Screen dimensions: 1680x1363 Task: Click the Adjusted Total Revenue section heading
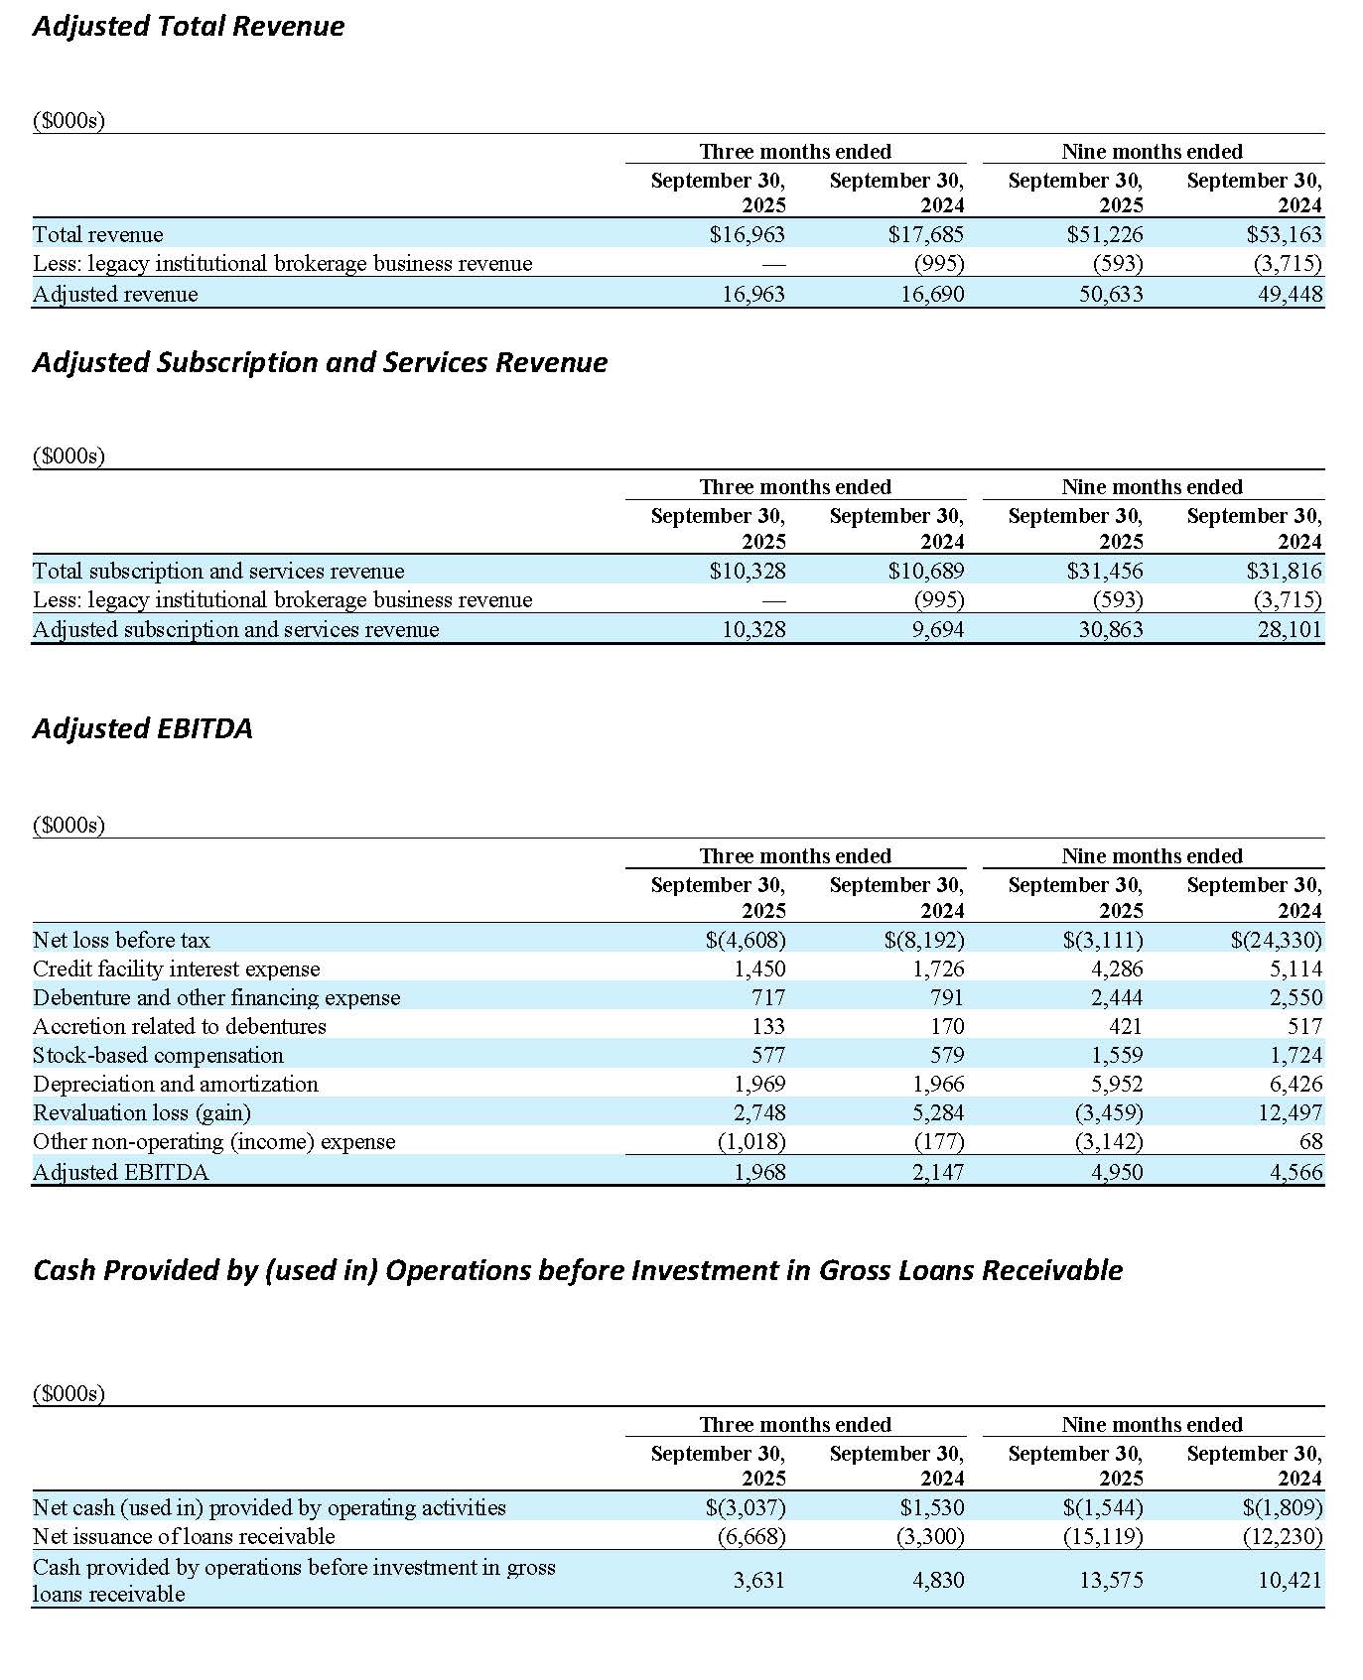189,26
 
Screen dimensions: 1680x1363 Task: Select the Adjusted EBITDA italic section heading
143,728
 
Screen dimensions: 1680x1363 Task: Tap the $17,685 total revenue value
925,234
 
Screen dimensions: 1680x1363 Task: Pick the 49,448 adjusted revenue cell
1290,294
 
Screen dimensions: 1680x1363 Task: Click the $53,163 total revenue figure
1284,234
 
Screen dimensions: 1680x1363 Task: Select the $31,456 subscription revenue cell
1105,571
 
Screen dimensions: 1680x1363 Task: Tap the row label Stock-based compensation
158,1055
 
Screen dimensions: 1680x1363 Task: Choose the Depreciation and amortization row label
176,1084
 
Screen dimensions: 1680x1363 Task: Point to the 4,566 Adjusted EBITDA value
1295,1172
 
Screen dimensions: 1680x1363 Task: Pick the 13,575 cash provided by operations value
1111,1580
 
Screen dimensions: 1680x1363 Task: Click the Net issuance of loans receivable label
184,1536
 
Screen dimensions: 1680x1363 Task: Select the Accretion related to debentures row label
180,1026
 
